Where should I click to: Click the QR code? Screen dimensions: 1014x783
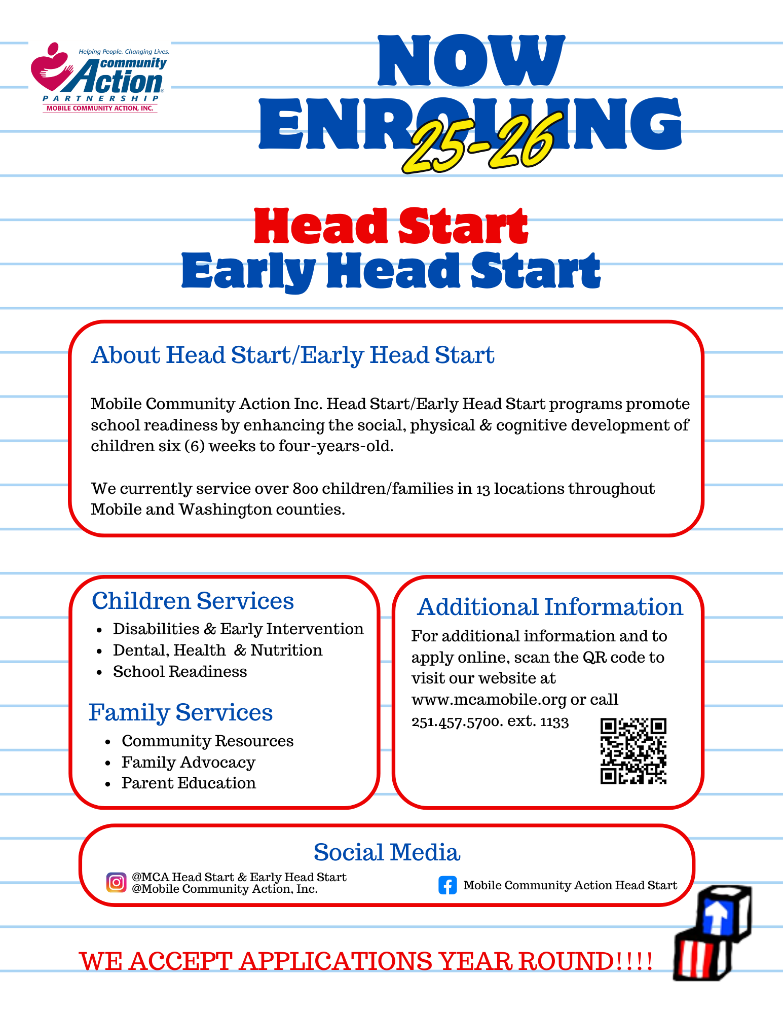tap(633, 751)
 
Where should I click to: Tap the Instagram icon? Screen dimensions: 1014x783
tap(116, 883)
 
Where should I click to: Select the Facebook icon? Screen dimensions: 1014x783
tap(448, 885)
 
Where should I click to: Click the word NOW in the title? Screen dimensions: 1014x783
tap(471, 60)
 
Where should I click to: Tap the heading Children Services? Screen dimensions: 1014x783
tap(193, 601)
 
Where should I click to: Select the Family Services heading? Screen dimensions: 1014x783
tap(180, 713)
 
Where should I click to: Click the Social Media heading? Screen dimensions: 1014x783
tap(387, 853)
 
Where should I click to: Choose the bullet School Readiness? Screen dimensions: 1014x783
tap(180, 672)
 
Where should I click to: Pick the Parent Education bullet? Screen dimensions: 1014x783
tap(189, 783)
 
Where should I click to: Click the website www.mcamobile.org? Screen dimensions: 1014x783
tap(489, 700)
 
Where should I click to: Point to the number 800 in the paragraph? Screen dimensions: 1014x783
tap(305, 489)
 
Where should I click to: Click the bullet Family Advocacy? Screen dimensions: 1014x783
tap(188, 763)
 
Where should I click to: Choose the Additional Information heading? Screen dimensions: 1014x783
tap(550, 607)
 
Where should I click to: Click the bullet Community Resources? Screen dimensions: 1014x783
tap(207, 741)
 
